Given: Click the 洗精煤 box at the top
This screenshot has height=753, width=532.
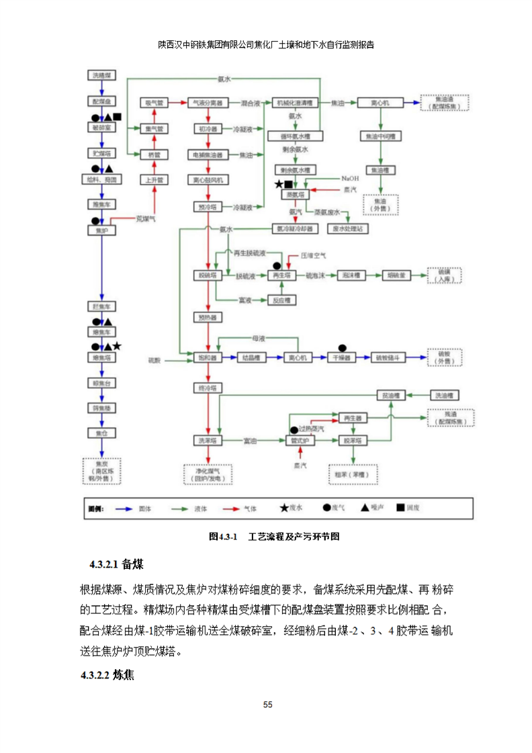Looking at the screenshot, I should [x=101, y=75].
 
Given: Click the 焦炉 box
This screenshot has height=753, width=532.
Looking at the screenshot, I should [x=101, y=230].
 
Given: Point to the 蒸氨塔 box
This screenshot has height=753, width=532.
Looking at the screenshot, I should [x=293, y=194].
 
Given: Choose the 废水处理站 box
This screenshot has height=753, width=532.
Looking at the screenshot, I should [x=347, y=228].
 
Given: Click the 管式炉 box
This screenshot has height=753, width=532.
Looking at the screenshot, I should [x=295, y=441].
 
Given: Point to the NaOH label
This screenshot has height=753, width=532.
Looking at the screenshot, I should [x=350, y=179].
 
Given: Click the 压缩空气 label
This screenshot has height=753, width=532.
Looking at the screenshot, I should [x=313, y=256].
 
